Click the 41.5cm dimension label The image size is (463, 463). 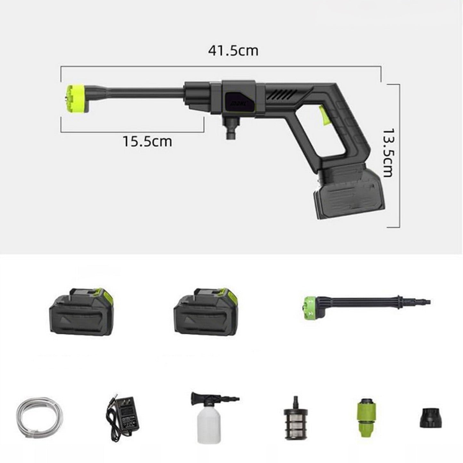(x=233, y=51)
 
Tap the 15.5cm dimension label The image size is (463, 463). (x=147, y=141)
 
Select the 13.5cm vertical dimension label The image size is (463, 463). (x=388, y=153)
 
